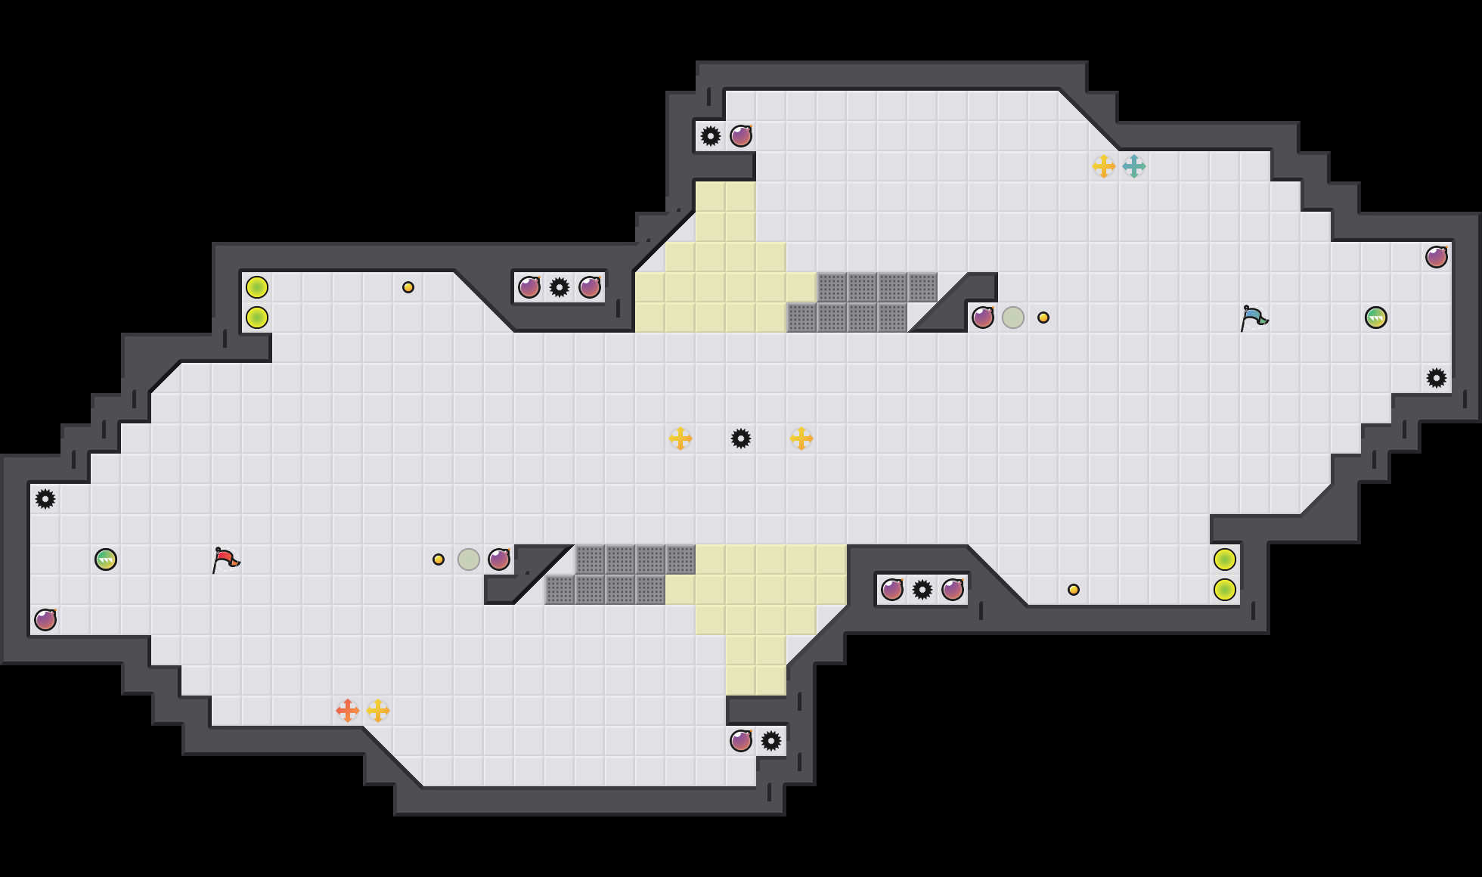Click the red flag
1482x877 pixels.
[x=225, y=559]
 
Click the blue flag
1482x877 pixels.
[x=1253, y=318]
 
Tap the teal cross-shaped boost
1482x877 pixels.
[x=1133, y=166]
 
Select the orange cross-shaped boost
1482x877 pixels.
[x=347, y=711]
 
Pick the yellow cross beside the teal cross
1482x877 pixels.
[x=1103, y=166]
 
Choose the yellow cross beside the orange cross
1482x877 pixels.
[x=378, y=711]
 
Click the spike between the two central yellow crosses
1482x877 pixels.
[x=741, y=438]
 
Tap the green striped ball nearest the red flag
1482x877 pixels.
[x=106, y=559]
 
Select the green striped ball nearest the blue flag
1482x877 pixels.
[x=1376, y=318]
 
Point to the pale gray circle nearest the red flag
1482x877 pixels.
[x=469, y=559]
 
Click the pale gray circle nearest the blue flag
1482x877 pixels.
[x=1013, y=318]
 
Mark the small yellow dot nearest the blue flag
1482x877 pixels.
[x=1043, y=318]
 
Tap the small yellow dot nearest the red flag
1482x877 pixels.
[x=439, y=559]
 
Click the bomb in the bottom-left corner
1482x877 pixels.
[x=45, y=620]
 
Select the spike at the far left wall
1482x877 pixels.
[x=45, y=499]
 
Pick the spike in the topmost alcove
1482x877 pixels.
[x=711, y=136]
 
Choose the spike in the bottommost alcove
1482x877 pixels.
[x=771, y=741]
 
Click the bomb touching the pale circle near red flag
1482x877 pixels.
[x=499, y=559]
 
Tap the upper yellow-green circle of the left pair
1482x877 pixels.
[x=257, y=287]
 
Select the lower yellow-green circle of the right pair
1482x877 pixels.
[x=1225, y=590]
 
